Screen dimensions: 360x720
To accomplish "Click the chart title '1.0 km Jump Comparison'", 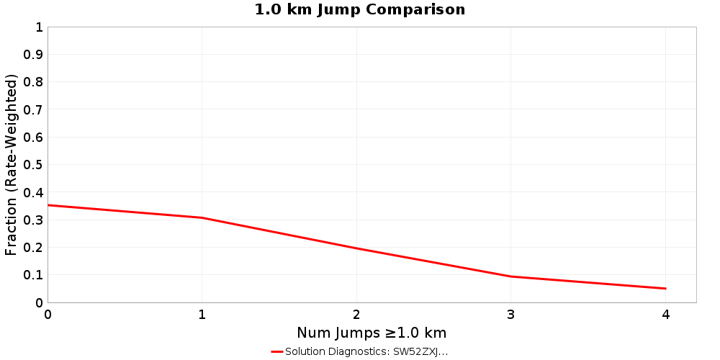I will tap(360, 10).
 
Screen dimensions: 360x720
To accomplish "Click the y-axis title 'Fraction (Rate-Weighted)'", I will tap(11, 165).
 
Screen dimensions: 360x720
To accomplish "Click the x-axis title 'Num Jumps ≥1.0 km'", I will tap(372, 333).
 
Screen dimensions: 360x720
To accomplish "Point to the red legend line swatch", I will tap(277, 351).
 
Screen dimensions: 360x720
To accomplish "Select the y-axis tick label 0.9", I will tap(33, 55).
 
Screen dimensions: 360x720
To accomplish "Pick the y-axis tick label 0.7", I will tap(33, 109).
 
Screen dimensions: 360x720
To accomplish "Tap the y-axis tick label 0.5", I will tap(33, 165).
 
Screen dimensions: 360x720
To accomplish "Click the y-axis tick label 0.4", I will tap(33, 192).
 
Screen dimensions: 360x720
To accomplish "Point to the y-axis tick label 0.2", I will tap(33, 247).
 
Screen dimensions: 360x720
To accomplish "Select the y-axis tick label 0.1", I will tap(33, 275).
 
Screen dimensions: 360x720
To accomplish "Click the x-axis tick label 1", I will tap(202, 315).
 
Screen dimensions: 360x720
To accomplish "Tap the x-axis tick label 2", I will tap(356, 315).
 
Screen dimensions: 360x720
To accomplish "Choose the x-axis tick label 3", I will tap(511, 315).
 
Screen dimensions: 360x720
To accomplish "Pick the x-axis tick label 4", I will tap(666, 315).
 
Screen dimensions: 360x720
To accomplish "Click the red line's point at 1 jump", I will tap(202, 217).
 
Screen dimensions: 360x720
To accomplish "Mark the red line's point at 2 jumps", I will tap(356, 248).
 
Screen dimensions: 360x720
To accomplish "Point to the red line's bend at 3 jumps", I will tap(511, 276).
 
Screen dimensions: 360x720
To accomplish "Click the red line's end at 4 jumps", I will tap(665, 289).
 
